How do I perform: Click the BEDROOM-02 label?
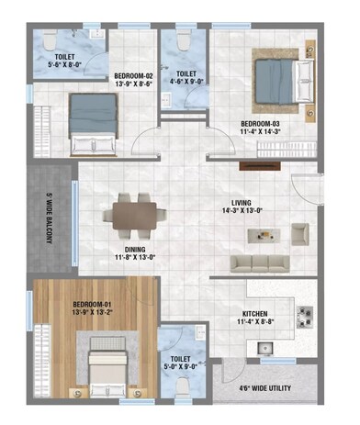(132, 77)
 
